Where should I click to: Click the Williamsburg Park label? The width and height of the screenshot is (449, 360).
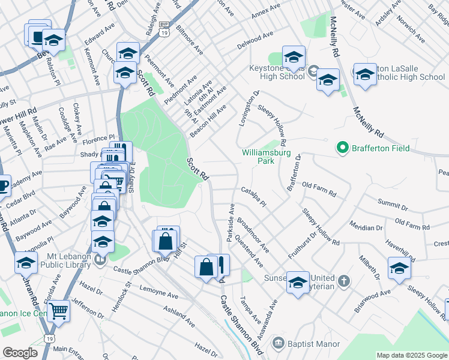266,157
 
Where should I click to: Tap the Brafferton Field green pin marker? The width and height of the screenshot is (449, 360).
342,148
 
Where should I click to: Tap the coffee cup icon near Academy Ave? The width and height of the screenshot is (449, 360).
3,185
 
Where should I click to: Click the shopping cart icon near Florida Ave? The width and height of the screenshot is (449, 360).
58,311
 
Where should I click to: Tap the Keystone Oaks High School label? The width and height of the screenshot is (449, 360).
276,72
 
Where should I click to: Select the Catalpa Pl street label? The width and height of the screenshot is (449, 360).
254,198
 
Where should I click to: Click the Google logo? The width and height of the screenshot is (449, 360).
20,353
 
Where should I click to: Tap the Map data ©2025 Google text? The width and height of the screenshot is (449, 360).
411,355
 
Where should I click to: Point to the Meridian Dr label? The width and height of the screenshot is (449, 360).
366,227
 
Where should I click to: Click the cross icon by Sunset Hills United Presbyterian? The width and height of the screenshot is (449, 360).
343,281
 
